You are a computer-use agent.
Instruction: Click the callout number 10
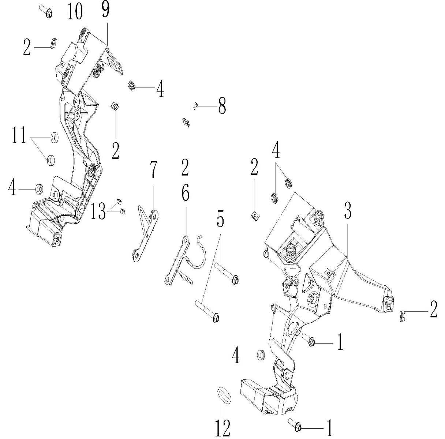[x=74, y=12]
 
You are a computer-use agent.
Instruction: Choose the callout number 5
[x=220, y=220]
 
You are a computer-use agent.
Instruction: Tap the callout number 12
[x=223, y=427]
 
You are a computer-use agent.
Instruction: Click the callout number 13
[x=98, y=212]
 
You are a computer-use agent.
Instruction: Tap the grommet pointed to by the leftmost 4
[x=39, y=189]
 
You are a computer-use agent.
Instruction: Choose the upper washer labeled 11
[x=53, y=138]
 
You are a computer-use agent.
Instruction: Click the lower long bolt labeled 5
[x=207, y=310]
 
